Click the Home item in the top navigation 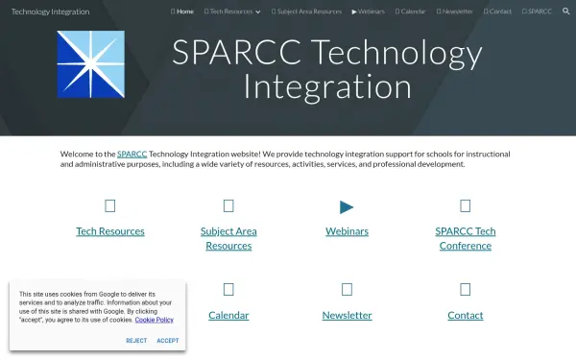[x=182, y=12]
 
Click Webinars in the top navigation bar [x=369, y=12]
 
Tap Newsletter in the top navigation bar [x=455, y=12]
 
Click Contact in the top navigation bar [x=497, y=12]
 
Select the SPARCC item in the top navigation [x=537, y=12]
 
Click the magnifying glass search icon [x=566, y=12]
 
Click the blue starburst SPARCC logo [x=90, y=65]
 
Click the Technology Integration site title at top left [x=50, y=12]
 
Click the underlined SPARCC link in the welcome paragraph [x=132, y=154]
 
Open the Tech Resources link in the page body [x=110, y=231]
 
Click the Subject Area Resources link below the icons [x=228, y=238]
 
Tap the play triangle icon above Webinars [x=347, y=206]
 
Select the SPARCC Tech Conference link [x=465, y=238]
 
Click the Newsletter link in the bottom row [x=347, y=315]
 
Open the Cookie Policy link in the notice [x=154, y=320]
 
